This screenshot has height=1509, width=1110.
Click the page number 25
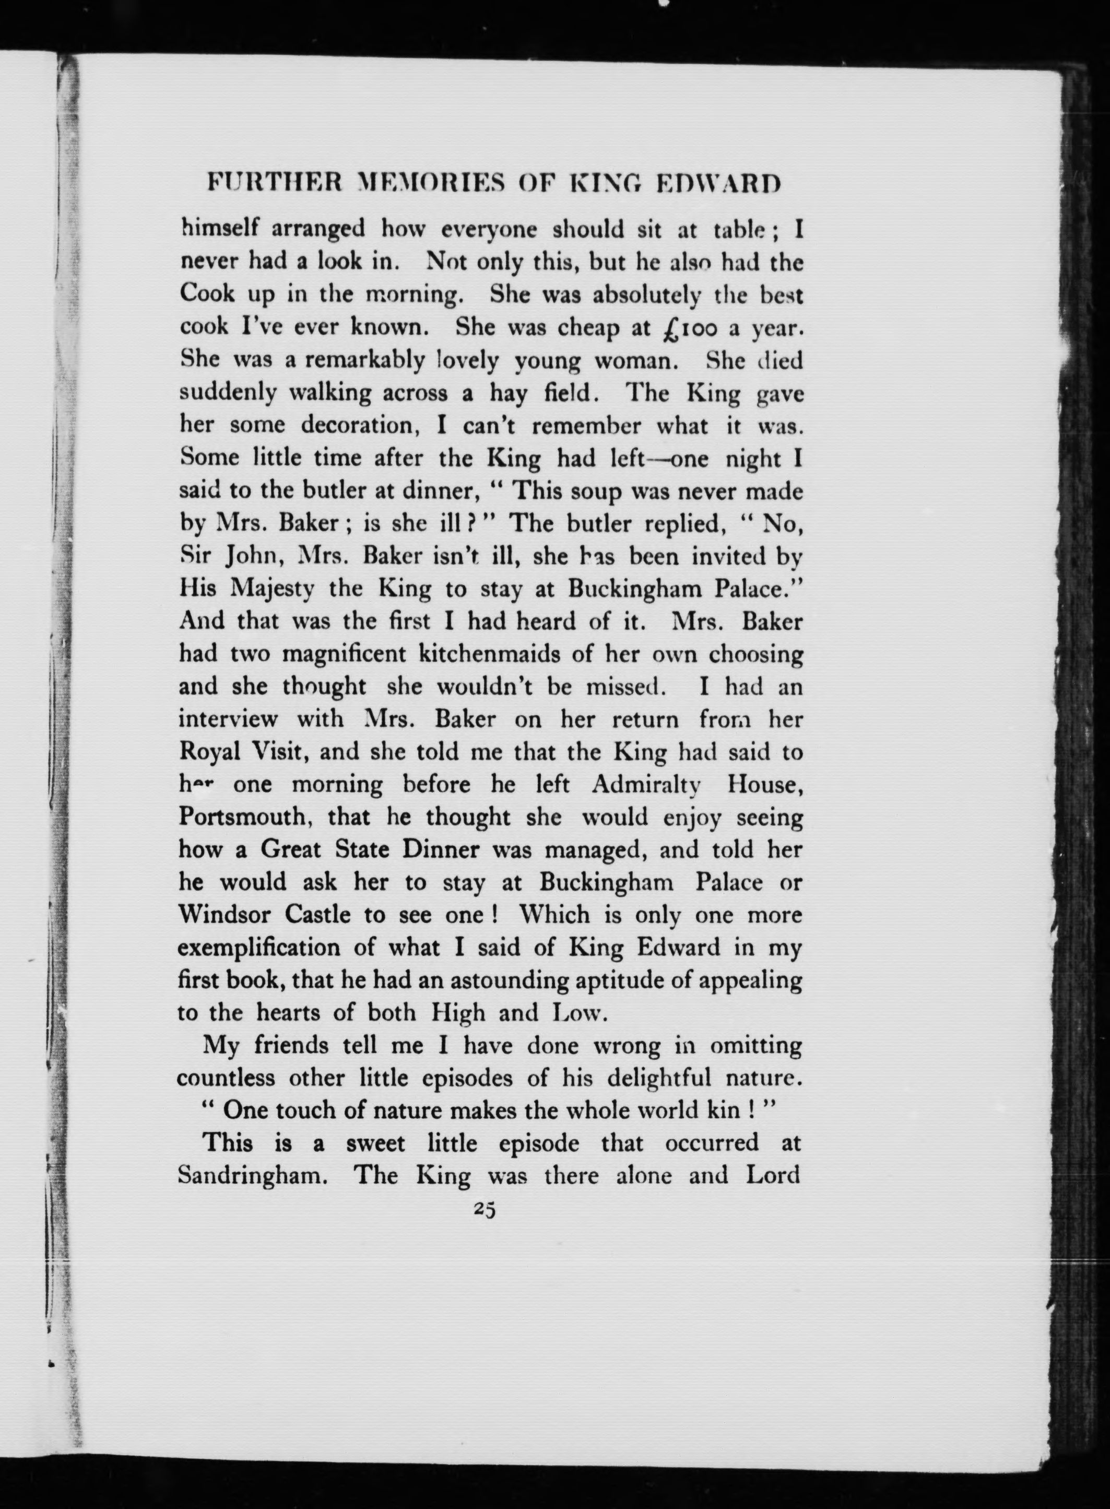[484, 1209]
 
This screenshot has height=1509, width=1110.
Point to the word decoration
[360, 426]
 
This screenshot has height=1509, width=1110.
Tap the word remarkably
[365, 361]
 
